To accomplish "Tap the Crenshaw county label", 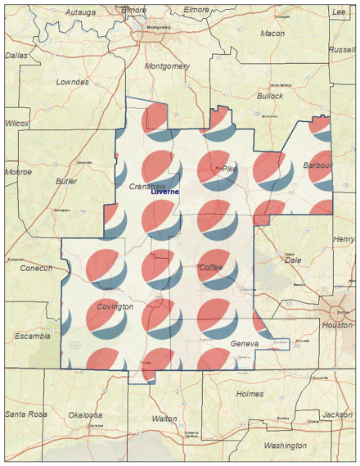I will pos(148,186).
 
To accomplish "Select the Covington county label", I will pos(115,306).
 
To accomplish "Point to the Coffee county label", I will pos(210,268).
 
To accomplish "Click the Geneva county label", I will pos(245,344).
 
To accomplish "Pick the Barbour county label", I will pos(317,165).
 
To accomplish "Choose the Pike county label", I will pos(228,169).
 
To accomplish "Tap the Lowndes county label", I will pos(72,82).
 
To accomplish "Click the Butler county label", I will pos(67,181).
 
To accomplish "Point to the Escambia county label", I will pos(33,336).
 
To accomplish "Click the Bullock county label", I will pos(269,96).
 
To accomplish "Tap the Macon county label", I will pos(272,34).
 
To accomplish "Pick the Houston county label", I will pos(337,325).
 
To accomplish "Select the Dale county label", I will pos(292,260).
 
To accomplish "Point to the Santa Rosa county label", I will pos(25,414).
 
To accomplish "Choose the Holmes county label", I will pos(250,394).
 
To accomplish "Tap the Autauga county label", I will pos(79,13).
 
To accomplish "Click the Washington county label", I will pos(285,446).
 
